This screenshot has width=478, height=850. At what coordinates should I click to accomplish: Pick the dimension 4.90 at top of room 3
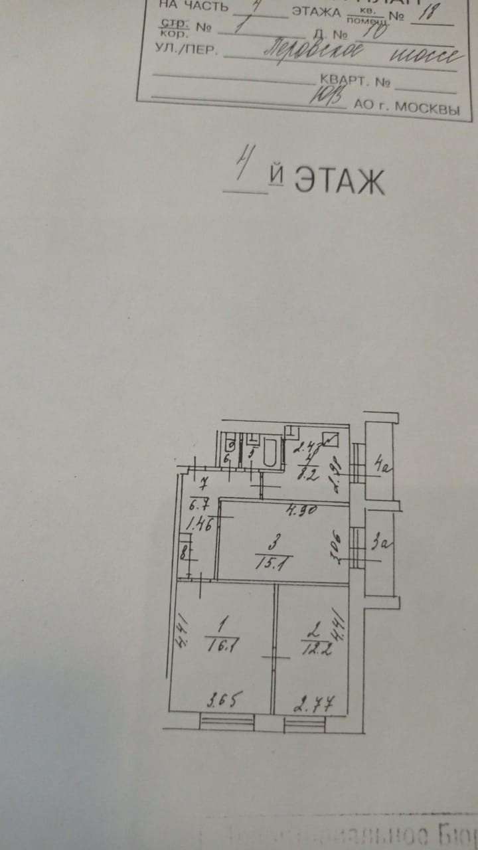pos(281,512)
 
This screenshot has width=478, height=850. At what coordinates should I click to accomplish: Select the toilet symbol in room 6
pos(228,443)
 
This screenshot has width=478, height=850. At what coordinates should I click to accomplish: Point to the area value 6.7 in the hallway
pos(199,501)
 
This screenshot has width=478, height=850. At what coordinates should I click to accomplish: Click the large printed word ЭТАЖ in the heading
pos(339,180)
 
